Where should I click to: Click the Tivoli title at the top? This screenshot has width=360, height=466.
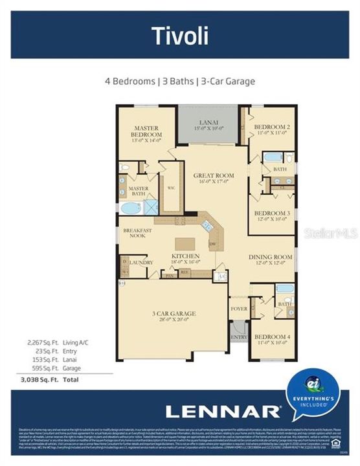[180, 36]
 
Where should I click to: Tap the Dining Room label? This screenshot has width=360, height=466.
[271, 260]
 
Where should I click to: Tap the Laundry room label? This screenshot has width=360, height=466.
[141, 262]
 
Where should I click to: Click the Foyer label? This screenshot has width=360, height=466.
[239, 309]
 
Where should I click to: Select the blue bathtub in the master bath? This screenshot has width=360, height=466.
[131, 208]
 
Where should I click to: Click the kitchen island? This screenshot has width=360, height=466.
[184, 244]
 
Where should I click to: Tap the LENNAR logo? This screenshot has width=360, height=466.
[222, 411]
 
